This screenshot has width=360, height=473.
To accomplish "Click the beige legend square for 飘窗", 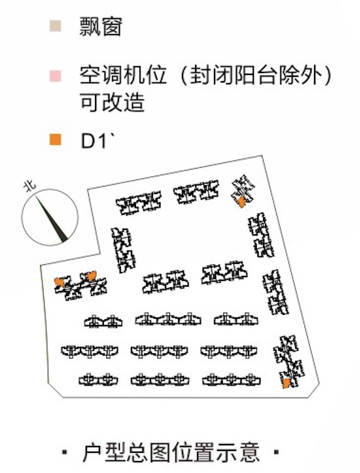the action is point(55,26).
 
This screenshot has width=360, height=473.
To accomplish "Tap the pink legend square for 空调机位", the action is point(55,76).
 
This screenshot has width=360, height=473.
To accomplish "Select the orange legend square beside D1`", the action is point(55,140).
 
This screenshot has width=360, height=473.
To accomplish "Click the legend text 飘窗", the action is point(101,26).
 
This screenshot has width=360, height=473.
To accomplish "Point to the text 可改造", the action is point(112,102).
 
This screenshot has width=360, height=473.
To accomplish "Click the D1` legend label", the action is point(98,140).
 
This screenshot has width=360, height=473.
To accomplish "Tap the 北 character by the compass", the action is point(30,186).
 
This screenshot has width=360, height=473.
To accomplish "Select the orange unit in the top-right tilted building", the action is point(241,202).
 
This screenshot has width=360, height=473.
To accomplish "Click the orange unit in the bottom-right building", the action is point(286,383).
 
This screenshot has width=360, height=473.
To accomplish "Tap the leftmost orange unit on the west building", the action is point(59,282).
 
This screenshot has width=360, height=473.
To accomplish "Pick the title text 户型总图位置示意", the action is point(171,452).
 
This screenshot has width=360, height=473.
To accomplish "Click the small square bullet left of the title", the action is point(65,452).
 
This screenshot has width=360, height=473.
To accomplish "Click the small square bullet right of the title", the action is point(276,452).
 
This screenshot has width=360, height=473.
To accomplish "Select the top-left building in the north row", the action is point(139,203).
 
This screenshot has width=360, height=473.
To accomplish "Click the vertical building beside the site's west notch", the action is point(123,250).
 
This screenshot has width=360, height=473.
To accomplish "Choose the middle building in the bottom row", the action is point(160,380).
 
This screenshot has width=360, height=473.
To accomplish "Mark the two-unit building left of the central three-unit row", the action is point(103,321).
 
